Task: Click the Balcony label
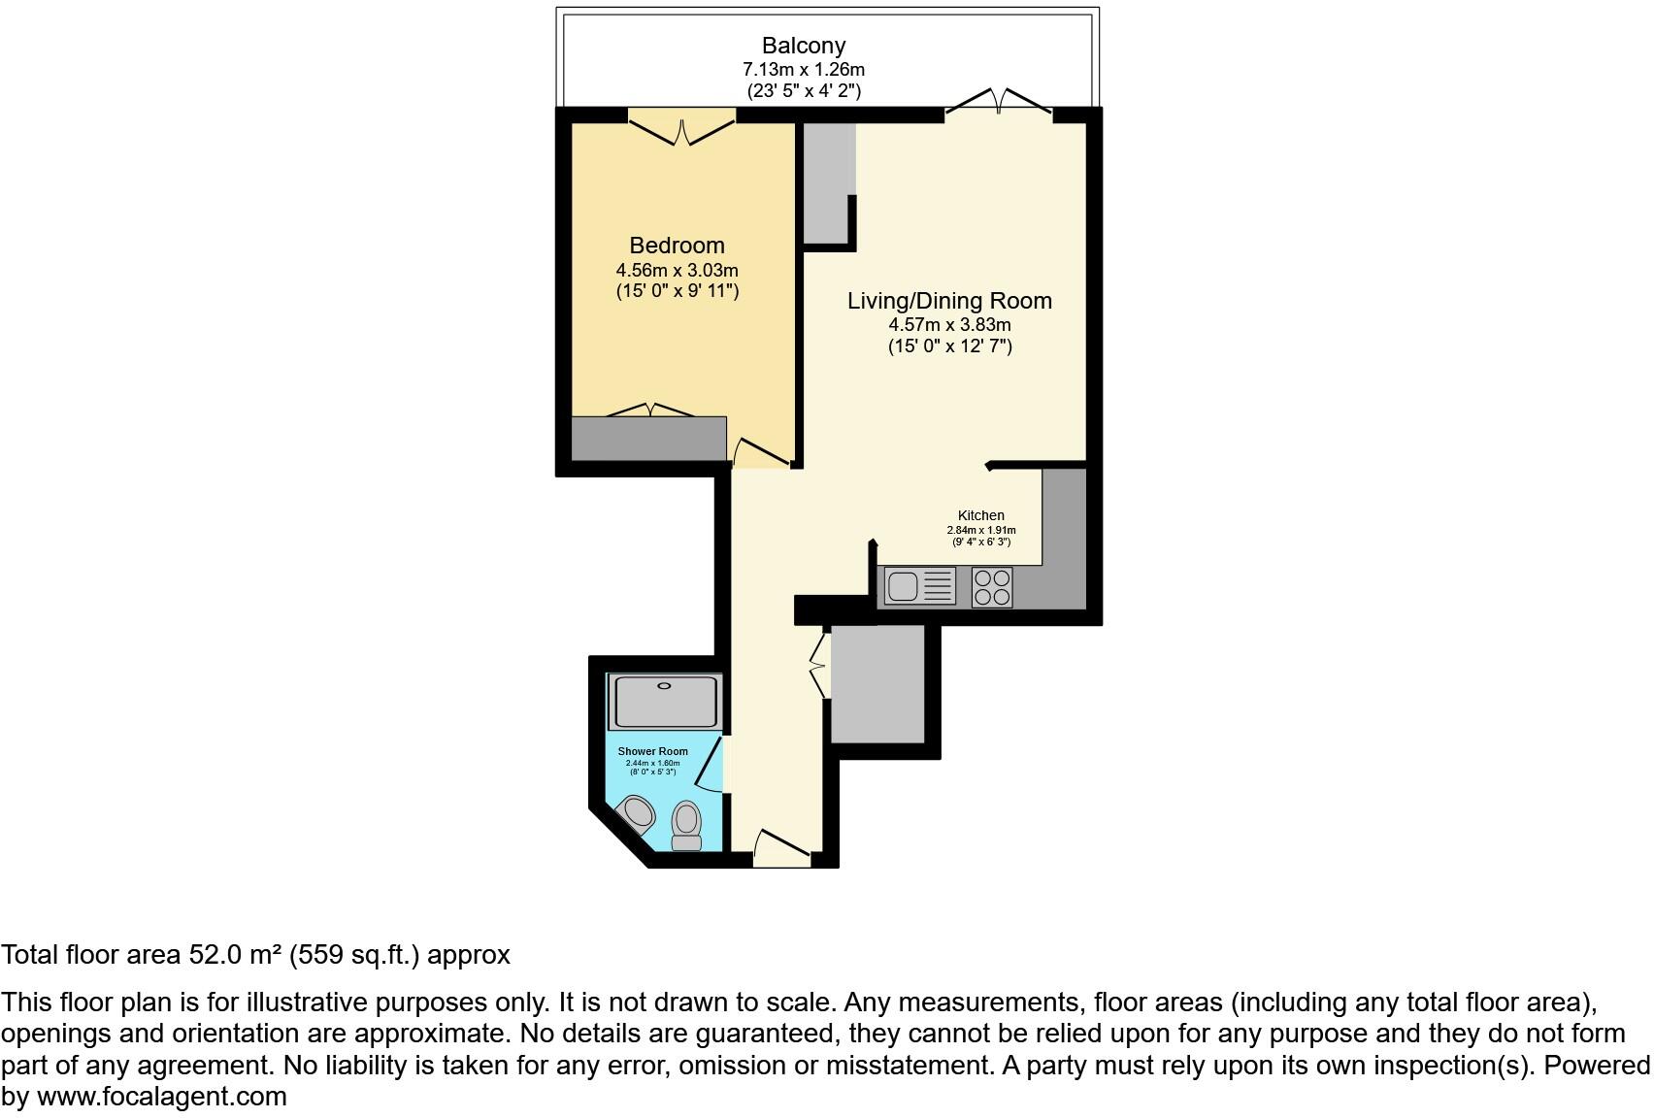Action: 803,46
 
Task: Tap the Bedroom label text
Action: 677,246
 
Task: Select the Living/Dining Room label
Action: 949,301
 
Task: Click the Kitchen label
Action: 980,515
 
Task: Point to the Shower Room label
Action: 652,751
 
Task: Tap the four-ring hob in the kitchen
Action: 992,586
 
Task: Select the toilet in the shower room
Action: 686,825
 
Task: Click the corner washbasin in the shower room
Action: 638,811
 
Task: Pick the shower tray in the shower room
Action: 665,703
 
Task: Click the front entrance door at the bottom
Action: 782,847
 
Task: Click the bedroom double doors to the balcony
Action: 682,129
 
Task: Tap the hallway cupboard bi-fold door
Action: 818,664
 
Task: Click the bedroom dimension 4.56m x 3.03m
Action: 677,270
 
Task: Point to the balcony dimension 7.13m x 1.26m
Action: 803,70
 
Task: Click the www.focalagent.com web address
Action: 162,1097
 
